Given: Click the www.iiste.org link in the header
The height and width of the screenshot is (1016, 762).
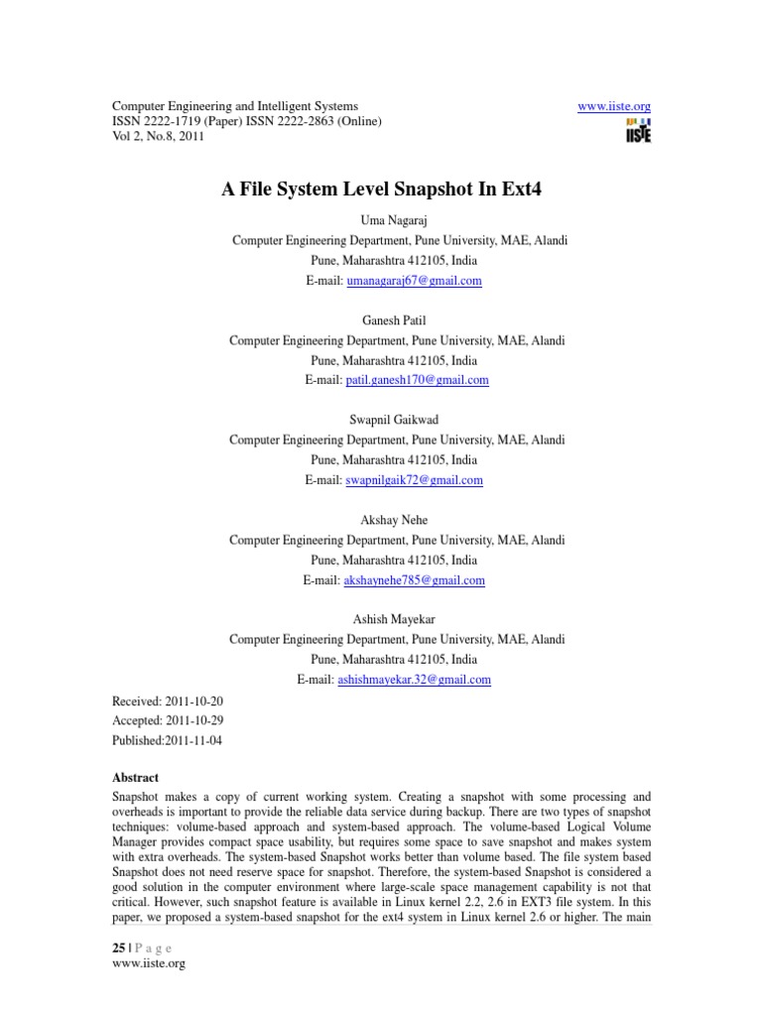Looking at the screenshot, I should tap(613, 106).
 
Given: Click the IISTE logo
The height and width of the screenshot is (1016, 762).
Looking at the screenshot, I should tap(638, 132).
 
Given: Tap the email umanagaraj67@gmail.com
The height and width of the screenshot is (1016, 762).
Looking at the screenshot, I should tap(413, 281).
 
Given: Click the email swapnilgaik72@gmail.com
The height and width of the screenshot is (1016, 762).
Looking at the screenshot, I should tap(414, 480).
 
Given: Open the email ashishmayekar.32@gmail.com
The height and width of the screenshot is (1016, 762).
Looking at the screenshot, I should tap(415, 680).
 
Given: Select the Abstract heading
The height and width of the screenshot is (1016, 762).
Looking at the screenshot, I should tap(135, 778).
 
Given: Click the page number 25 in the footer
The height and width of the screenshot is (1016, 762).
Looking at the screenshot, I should tap(118, 948).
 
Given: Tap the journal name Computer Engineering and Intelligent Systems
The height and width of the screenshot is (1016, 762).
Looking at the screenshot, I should tap(234, 106).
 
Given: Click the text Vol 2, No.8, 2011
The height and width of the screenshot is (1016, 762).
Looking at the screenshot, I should tap(158, 137).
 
